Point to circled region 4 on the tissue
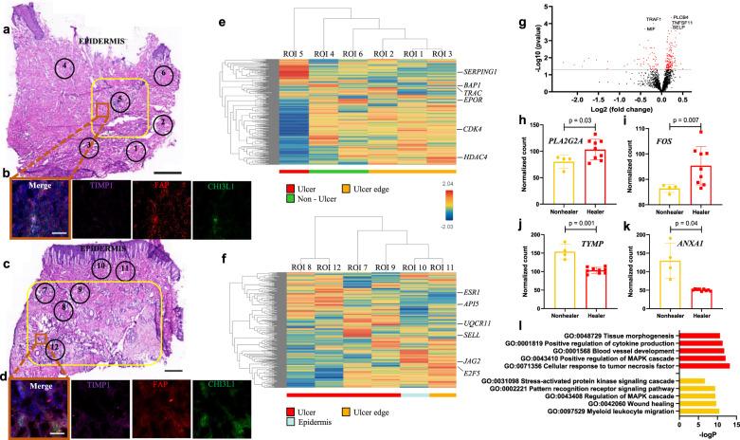(63, 68)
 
